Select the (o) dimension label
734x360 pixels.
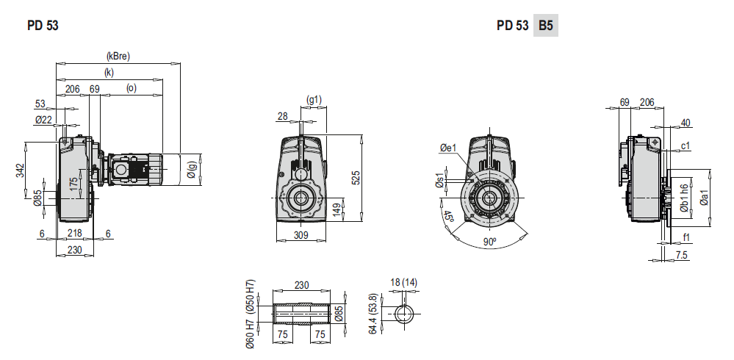click(x=132, y=89)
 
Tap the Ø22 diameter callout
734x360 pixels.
click(x=43, y=119)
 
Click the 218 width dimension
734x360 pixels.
click(x=74, y=234)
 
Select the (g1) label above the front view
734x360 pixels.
click(x=314, y=99)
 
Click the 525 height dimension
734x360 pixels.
click(x=356, y=177)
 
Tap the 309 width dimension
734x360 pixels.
click(x=301, y=235)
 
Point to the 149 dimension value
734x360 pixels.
click(x=337, y=209)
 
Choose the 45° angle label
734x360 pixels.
click(x=448, y=217)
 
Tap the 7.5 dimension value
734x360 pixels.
click(x=681, y=255)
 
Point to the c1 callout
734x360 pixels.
click(x=685, y=146)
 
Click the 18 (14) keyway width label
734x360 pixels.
click(x=404, y=282)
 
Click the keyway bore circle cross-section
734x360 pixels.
click(x=404, y=314)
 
